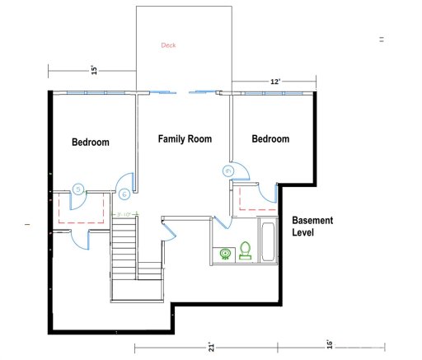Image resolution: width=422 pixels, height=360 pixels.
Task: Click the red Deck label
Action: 169,45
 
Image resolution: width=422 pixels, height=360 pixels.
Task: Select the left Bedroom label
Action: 90,143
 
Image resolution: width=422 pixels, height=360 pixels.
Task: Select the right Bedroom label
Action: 270,139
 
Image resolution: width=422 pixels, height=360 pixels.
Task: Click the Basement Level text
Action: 312,227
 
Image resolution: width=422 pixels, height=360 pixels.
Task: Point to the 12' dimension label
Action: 275,82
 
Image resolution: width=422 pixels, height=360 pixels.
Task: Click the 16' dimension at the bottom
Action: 328,344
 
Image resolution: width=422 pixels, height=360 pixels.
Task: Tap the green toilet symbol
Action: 245,250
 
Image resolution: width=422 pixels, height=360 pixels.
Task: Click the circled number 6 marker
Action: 124,194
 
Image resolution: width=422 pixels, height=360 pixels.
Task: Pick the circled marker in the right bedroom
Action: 228,171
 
